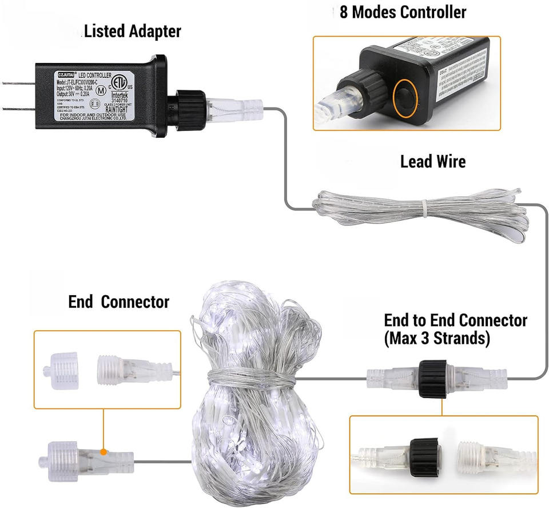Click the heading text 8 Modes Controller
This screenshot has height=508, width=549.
click(x=403, y=12)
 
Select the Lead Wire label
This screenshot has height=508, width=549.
click(x=432, y=162)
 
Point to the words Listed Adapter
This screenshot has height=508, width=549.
click(x=133, y=31)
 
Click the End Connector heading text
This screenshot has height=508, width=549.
click(x=118, y=301)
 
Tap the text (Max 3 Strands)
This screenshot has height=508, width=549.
click(x=437, y=338)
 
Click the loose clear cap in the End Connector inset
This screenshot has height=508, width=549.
click(x=64, y=370)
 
